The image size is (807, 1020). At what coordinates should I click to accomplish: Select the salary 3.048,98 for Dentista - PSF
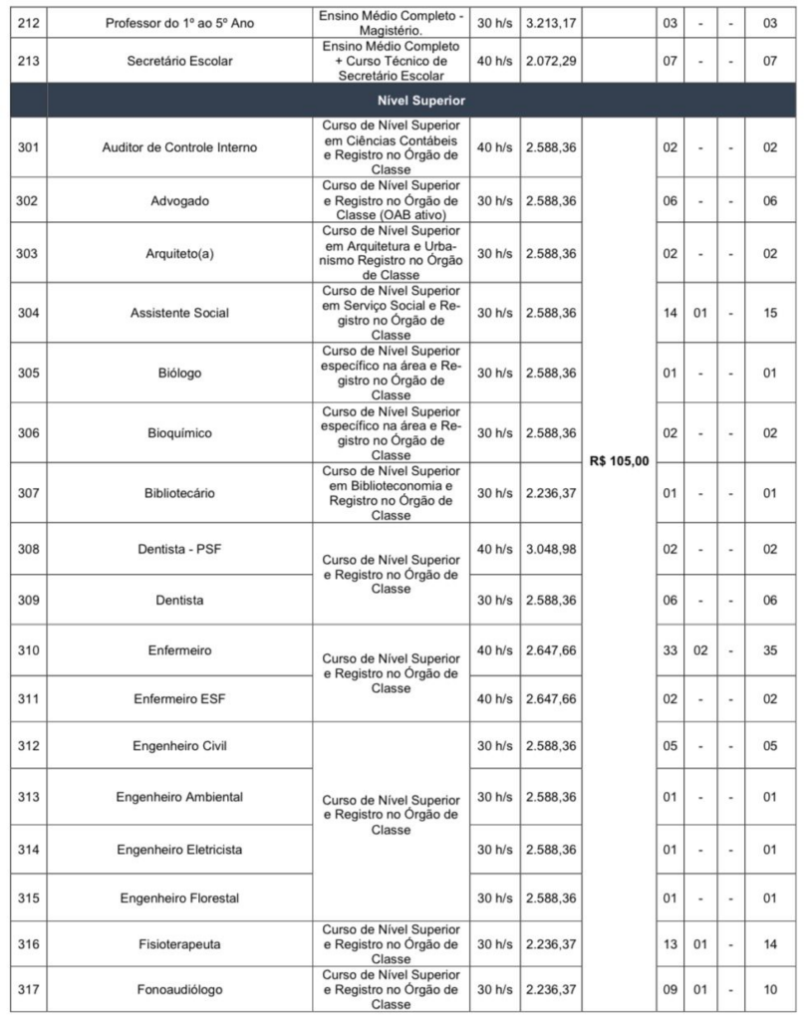[x=550, y=549]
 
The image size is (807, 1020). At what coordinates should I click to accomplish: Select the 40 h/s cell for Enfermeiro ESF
[x=494, y=700]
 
